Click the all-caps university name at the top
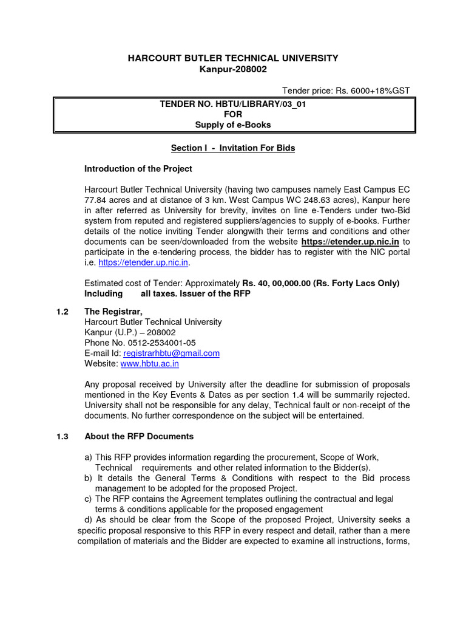[x=232, y=58]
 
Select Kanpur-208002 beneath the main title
[x=232, y=69]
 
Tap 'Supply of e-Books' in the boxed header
[x=232, y=125]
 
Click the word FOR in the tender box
[x=232, y=115]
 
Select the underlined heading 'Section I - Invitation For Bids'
[x=232, y=148]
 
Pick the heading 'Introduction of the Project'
[x=138, y=168]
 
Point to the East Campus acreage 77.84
[x=96, y=200]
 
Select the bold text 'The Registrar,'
[x=113, y=311]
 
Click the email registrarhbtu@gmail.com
[x=171, y=353]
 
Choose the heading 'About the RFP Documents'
[x=139, y=436]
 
